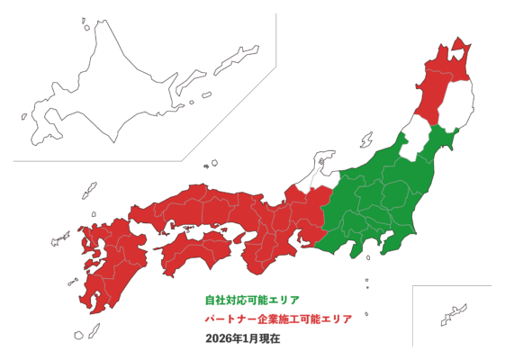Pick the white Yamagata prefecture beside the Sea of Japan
[x=416, y=144]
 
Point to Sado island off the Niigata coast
[x=366, y=140]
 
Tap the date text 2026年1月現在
[x=243, y=339]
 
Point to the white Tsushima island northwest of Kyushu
[x=89, y=191]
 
